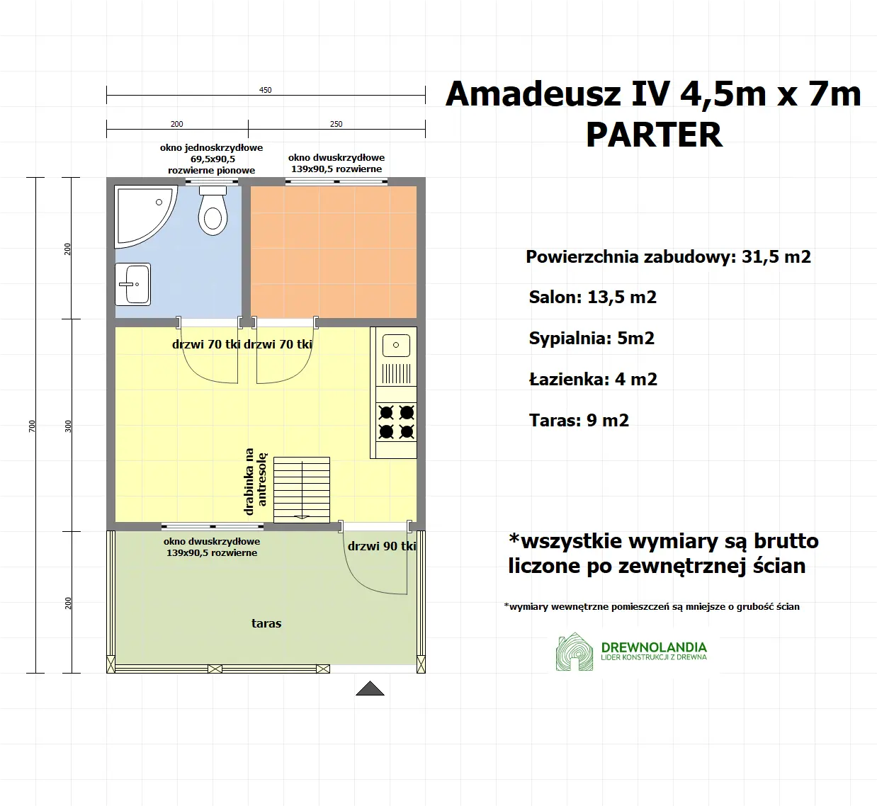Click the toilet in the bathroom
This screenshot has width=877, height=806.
pos(213,212)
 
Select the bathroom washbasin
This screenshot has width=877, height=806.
pos(133,284)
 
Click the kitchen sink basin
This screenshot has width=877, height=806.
pos(396,346)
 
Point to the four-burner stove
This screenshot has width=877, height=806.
pos(396,422)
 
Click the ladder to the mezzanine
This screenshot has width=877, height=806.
pos(302,489)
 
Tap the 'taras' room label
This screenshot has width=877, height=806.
pos(266,623)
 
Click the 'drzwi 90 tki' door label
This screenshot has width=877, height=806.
pos(382,546)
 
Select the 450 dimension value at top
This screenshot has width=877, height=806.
pos(265,90)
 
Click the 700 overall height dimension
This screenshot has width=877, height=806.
pos(32,426)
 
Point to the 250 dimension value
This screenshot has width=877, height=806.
pos(336,124)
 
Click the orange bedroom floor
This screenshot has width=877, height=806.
pos(334,251)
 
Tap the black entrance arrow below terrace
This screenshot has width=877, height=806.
pos(370,688)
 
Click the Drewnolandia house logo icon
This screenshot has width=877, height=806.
pos(575,652)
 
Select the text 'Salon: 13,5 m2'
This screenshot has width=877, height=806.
pos(592,297)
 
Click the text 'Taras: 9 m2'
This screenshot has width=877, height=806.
pos(579,421)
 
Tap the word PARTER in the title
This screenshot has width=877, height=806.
pos(654,135)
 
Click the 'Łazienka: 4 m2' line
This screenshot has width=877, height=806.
pos(593,380)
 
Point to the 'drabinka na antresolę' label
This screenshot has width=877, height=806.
pos(255,481)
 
